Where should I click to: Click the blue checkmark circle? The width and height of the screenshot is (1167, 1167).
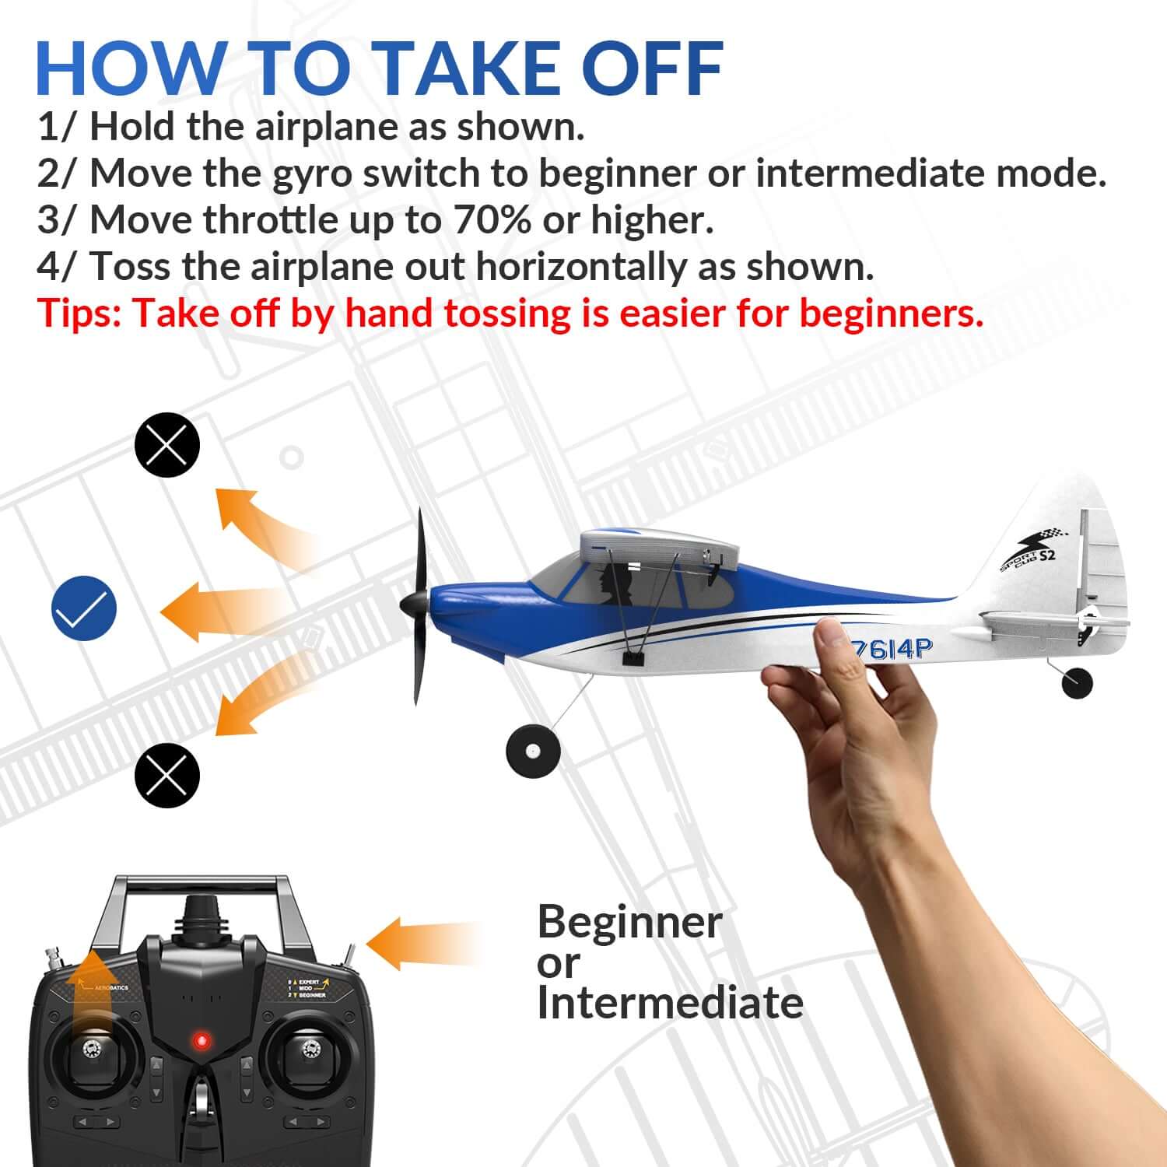click(84, 608)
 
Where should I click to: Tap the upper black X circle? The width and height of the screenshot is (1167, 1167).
click(167, 445)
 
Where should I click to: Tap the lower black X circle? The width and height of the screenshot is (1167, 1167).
click(167, 775)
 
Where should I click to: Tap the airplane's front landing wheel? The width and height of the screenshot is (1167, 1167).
click(533, 751)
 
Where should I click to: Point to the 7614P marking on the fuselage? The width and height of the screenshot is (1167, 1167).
click(891, 647)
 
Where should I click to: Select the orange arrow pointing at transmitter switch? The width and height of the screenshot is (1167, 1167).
click(420, 943)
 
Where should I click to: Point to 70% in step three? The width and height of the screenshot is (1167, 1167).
click(492, 220)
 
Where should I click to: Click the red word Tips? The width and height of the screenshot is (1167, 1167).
click(79, 314)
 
